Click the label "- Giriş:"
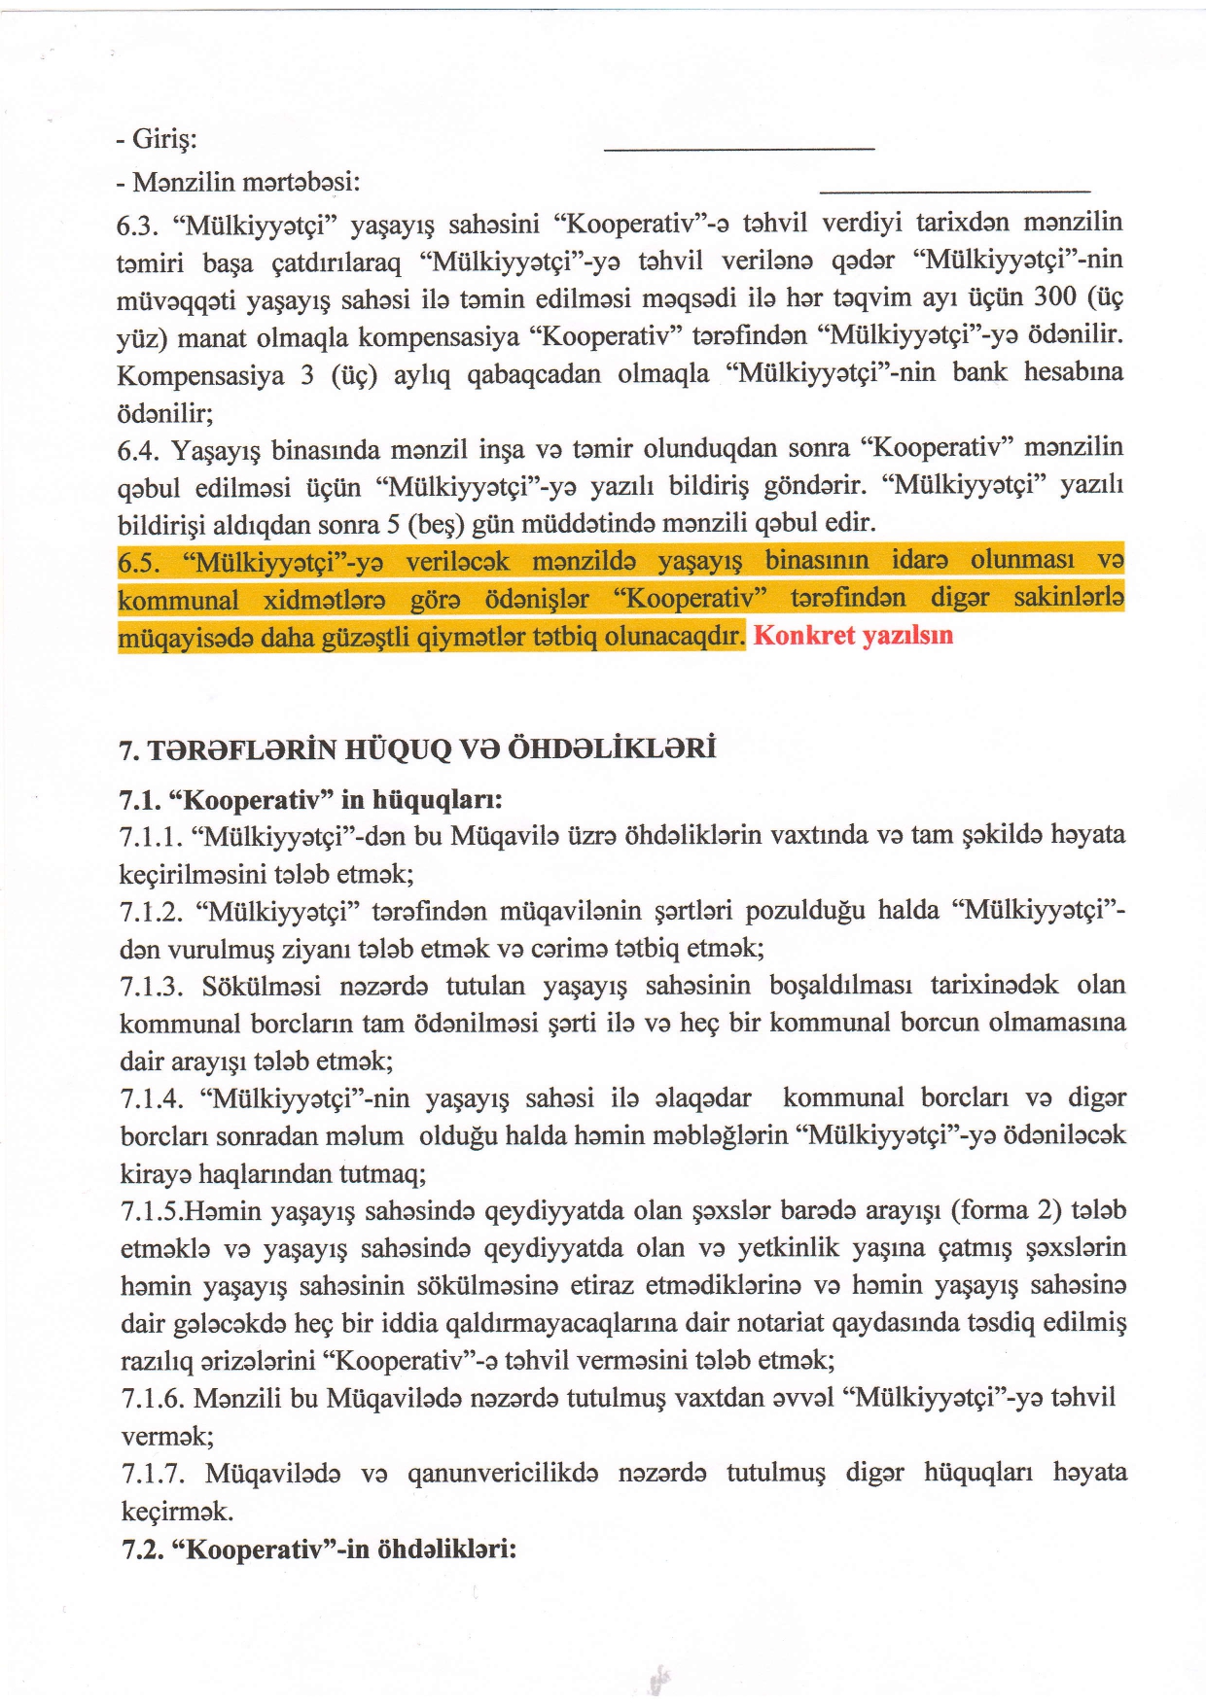(x=157, y=139)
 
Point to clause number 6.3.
(x=137, y=226)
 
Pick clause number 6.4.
(x=137, y=451)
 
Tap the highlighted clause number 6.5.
(x=139, y=563)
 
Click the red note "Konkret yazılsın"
(x=853, y=636)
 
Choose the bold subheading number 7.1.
(x=139, y=801)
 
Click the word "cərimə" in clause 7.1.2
(x=598, y=949)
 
